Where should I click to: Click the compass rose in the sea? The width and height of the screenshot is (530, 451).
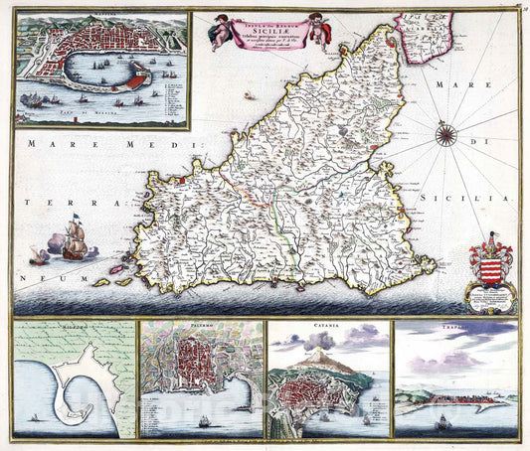[446, 136]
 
